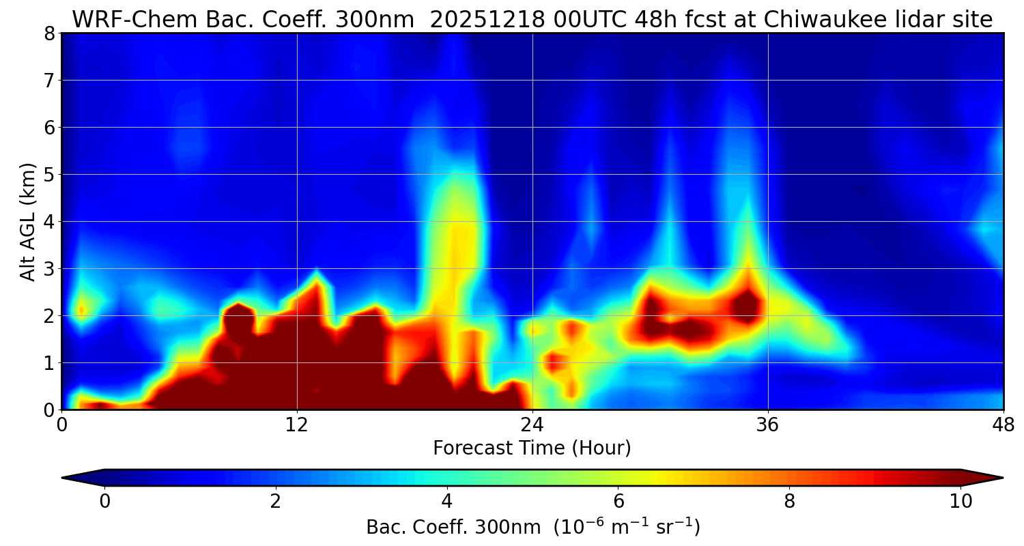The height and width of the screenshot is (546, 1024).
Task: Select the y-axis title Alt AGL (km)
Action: click(28, 221)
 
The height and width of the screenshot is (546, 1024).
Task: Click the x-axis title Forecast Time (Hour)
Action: click(532, 448)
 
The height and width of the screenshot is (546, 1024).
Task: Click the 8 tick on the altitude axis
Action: click(48, 33)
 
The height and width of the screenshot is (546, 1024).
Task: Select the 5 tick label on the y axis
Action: click(48, 175)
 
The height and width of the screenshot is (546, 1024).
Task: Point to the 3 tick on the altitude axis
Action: click(48, 269)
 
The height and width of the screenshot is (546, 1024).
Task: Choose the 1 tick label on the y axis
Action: click(48, 363)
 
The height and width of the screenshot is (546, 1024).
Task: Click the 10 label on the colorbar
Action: click(961, 502)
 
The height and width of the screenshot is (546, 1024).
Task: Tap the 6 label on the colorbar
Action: click(618, 502)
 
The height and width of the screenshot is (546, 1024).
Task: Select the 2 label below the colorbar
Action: click(275, 502)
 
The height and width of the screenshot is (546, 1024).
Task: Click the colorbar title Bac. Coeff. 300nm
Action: click(456, 528)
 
